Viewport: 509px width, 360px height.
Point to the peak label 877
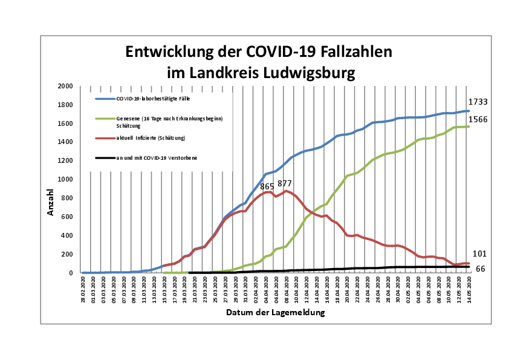pyautogui.click(x=285, y=184)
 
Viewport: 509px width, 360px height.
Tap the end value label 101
pyautogui.click(x=479, y=254)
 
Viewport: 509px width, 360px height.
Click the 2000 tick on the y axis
pyautogui.click(x=65, y=87)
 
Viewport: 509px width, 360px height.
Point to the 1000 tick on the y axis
pyautogui.click(x=65, y=180)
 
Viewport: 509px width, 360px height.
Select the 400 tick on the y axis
pyautogui.click(x=66, y=235)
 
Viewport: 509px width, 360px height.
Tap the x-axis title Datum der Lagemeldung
pyautogui.click(x=276, y=313)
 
